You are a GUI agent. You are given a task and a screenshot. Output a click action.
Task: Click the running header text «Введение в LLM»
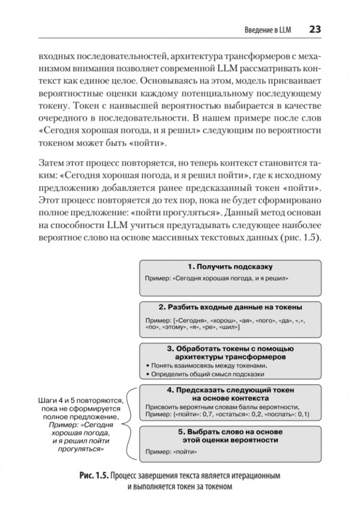tap(268, 30)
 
